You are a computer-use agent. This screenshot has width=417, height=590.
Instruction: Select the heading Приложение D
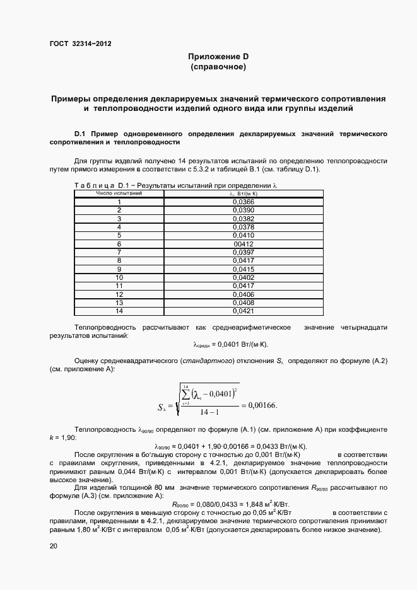pyautogui.click(x=218, y=57)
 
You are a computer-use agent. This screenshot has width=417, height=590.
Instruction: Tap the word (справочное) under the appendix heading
pyautogui.click(x=218, y=66)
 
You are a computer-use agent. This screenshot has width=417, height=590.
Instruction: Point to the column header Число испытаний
pyautogui.click(x=119, y=193)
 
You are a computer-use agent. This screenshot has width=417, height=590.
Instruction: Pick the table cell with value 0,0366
pyautogui.click(x=243, y=201)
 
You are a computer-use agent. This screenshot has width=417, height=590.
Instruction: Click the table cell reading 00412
pyautogui.click(x=243, y=244)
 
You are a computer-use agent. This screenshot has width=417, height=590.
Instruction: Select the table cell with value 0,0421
pyautogui.click(x=243, y=311)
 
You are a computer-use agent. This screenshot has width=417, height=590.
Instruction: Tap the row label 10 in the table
pyautogui.click(x=119, y=277)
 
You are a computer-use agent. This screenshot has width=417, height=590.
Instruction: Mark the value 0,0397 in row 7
pyautogui.click(x=243, y=252)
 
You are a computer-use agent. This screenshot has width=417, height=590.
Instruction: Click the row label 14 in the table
pyautogui.click(x=119, y=311)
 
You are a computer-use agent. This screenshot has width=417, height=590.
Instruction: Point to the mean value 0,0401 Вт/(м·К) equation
pyautogui.click(x=230, y=345)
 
